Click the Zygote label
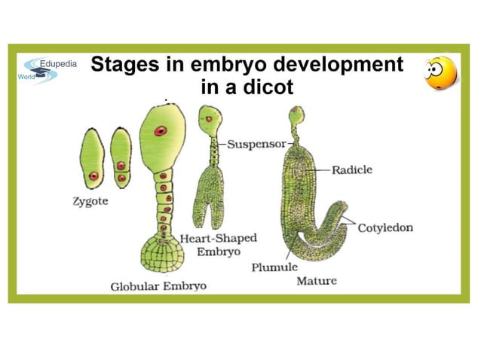90,202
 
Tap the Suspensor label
256,144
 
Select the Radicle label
352,169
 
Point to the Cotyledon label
385,227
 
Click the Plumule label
274,267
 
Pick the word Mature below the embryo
317,281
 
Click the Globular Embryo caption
158,286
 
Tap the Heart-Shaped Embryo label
218,245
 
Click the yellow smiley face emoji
440,73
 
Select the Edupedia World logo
47,71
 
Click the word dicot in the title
268,87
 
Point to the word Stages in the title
125,65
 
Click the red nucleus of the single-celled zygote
93,176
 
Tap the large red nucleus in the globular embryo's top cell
161,131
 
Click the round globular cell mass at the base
162,255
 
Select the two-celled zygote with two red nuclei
121,158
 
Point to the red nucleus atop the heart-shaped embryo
209,119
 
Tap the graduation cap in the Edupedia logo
41,72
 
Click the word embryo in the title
228,65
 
